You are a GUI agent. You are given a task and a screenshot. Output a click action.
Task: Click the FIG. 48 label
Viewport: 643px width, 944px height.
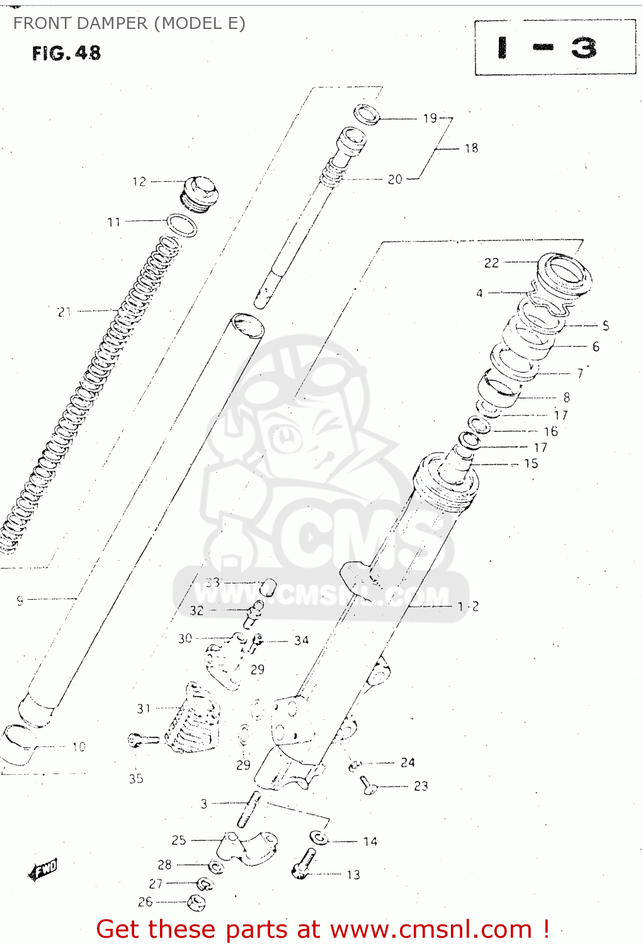(66, 53)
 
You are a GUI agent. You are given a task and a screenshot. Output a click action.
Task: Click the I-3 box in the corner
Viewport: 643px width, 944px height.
(554, 48)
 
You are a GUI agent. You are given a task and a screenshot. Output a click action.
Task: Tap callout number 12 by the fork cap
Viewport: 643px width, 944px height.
(139, 182)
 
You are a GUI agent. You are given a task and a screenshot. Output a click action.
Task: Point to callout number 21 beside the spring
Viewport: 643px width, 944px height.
(64, 312)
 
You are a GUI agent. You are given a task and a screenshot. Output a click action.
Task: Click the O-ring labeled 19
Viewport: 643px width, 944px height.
(367, 115)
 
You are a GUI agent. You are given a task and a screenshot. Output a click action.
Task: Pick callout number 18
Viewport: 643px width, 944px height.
(471, 149)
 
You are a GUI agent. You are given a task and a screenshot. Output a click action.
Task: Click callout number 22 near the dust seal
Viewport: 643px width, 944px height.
(491, 263)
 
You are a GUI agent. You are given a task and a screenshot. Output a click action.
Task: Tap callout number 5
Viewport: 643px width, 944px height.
(606, 325)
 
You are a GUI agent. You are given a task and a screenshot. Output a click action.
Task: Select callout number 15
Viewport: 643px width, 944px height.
(531, 464)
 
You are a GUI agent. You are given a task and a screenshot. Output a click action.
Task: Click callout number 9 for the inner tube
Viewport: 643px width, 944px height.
(20, 600)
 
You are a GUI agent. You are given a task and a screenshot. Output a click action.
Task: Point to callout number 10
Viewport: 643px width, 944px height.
(79, 747)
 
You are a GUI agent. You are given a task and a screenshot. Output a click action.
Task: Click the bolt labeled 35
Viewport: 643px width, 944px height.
(142, 740)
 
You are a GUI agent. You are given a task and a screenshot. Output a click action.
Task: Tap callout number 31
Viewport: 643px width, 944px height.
(144, 709)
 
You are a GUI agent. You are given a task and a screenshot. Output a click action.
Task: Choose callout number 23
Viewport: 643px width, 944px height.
(421, 786)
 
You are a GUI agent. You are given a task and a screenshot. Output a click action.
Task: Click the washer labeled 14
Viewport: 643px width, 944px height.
(319, 838)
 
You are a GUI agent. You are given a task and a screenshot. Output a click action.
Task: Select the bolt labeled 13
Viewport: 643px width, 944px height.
(304, 864)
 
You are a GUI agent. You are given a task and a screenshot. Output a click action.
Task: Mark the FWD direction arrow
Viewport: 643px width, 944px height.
(43, 870)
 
